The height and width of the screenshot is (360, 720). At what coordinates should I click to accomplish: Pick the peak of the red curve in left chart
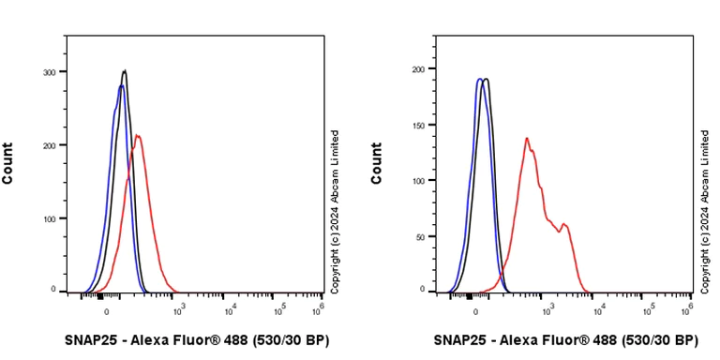click(x=138, y=136)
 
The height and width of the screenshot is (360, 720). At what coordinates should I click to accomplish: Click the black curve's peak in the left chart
click(x=124, y=70)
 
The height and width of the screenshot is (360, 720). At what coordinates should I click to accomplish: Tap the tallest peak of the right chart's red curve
click(x=527, y=139)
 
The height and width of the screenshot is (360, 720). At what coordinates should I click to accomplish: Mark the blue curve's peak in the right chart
click(x=479, y=80)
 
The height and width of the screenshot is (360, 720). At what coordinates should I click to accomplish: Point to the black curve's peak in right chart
click(x=486, y=80)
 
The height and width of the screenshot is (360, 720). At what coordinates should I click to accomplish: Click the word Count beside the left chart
click(x=8, y=163)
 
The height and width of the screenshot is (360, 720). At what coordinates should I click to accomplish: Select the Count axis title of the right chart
click(x=377, y=163)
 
